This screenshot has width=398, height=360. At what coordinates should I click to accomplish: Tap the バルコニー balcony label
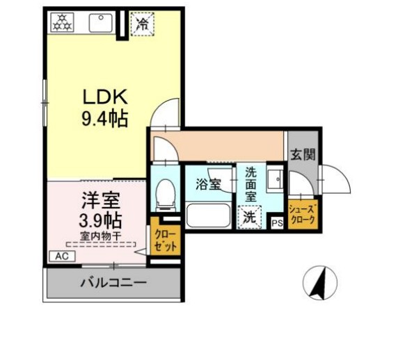[113, 284]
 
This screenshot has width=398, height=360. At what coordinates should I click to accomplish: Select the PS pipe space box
[277, 222]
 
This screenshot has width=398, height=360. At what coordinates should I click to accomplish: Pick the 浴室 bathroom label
[207, 185]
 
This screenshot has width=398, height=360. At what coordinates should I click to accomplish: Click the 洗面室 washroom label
[250, 184]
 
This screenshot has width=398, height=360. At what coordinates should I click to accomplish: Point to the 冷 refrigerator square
[142, 23]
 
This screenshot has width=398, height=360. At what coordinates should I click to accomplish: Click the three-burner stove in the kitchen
[60, 22]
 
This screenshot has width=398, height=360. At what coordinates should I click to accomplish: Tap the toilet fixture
[166, 194]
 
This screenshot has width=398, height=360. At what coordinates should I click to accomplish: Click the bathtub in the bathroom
[208, 218]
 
